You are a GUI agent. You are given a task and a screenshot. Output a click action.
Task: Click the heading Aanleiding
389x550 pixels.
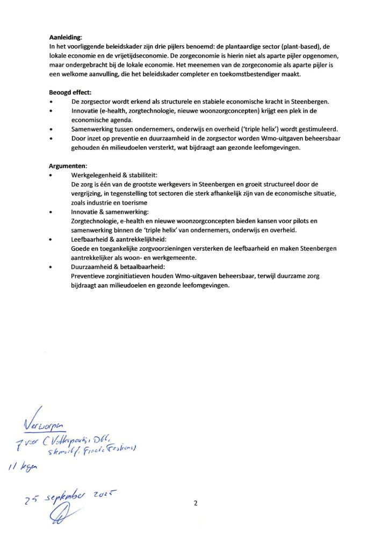[x=65, y=38]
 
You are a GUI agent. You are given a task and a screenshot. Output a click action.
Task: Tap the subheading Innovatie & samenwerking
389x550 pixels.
[x=106, y=212]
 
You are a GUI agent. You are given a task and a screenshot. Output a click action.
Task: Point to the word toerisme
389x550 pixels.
[x=134, y=203]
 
